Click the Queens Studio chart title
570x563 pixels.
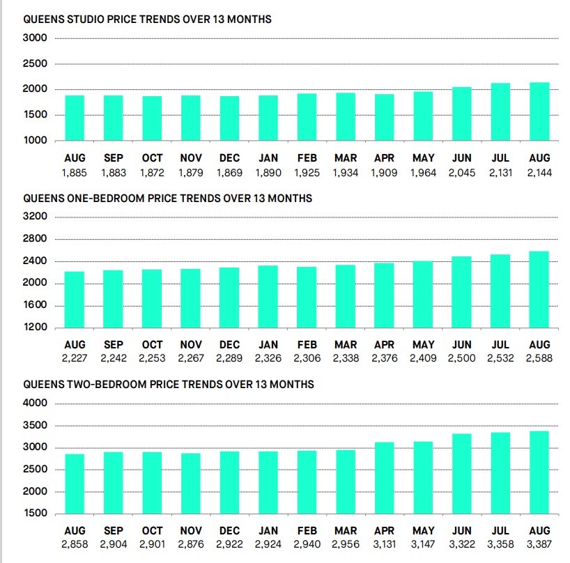(x=147, y=20)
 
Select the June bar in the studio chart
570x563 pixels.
(x=462, y=114)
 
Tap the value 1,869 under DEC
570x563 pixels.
(x=229, y=173)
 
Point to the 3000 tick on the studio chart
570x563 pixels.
(x=35, y=38)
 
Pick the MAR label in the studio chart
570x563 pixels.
(x=346, y=158)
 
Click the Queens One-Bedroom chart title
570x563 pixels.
(x=167, y=199)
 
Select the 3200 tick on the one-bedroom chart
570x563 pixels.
(x=35, y=216)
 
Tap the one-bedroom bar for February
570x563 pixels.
(x=307, y=298)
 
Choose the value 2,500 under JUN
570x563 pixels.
(x=462, y=358)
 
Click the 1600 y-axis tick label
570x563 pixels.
(x=36, y=304)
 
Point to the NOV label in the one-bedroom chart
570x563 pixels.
(x=191, y=345)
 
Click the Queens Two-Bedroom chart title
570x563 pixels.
(x=169, y=385)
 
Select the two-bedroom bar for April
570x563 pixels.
(x=384, y=478)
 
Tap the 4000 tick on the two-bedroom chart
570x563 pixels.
(x=35, y=403)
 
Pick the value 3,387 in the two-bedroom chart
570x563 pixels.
(x=539, y=544)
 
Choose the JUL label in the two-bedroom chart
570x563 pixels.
(x=500, y=531)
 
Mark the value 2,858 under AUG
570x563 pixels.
(x=75, y=544)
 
